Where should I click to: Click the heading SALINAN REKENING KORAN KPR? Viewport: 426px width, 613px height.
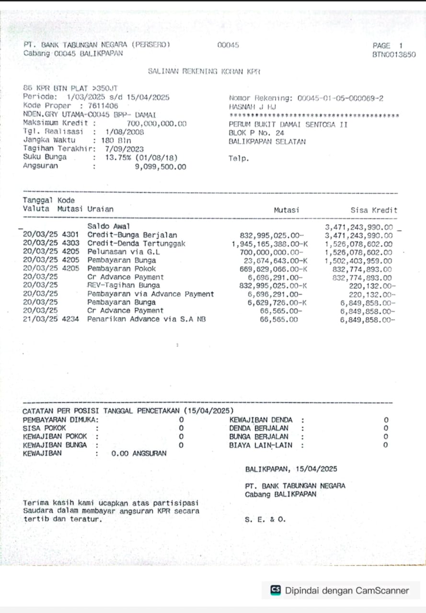204,71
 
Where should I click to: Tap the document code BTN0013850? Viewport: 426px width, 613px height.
394,55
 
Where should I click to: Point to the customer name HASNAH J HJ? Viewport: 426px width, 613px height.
253,107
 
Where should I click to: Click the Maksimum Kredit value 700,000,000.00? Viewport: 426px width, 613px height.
156,124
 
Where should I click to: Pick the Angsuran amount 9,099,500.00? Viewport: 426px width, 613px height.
161,167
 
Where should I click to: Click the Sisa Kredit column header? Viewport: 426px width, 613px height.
374,210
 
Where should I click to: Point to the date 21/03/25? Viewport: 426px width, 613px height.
36,319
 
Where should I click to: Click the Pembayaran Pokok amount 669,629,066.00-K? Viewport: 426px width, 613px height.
271,269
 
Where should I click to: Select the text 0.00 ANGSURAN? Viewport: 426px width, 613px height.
138,453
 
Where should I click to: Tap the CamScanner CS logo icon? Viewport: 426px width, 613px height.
276,590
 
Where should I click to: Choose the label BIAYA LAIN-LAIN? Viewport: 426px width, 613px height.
260,445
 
